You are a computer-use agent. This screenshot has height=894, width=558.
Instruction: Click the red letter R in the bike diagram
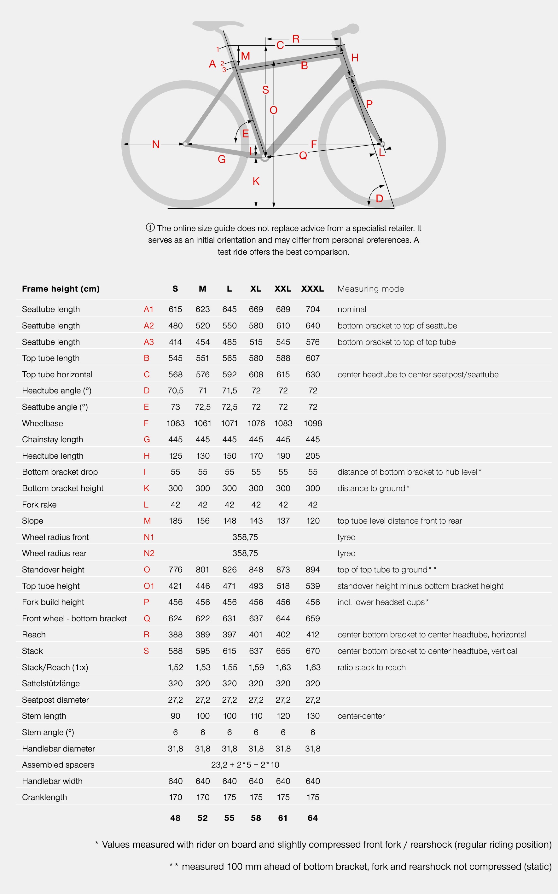tap(296, 39)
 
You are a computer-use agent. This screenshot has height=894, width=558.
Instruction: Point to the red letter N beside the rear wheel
tap(156, 144)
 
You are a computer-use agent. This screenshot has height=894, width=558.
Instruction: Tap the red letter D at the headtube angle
tap(379, 199)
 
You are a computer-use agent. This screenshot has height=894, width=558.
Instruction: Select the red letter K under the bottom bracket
tap(256, 181)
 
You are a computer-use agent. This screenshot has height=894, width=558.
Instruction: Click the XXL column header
tap(283, 288)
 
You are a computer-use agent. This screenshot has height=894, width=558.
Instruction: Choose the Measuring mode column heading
tap(370, 288)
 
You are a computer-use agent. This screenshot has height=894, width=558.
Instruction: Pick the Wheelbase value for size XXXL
tap(313, 423)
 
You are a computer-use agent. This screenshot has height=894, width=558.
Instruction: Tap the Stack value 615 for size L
tap(229, 651)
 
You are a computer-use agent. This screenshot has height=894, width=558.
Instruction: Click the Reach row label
tap(34, 635)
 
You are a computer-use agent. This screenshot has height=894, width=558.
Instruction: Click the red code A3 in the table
tap(149, 342)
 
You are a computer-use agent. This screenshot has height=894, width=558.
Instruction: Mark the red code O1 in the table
tap(149, 586)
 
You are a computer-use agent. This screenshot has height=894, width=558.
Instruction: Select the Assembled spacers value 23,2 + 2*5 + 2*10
tap(245, 765)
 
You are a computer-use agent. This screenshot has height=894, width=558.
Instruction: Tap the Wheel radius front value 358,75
tap(245, 537)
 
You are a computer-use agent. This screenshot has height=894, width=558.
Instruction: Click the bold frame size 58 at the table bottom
tap(256, 818)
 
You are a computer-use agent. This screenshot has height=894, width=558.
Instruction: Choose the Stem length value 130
tap(313, 716)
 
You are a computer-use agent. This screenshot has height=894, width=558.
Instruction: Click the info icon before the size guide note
tap(150, 227)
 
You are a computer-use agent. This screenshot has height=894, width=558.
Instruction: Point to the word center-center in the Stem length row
tap(361, 716)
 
